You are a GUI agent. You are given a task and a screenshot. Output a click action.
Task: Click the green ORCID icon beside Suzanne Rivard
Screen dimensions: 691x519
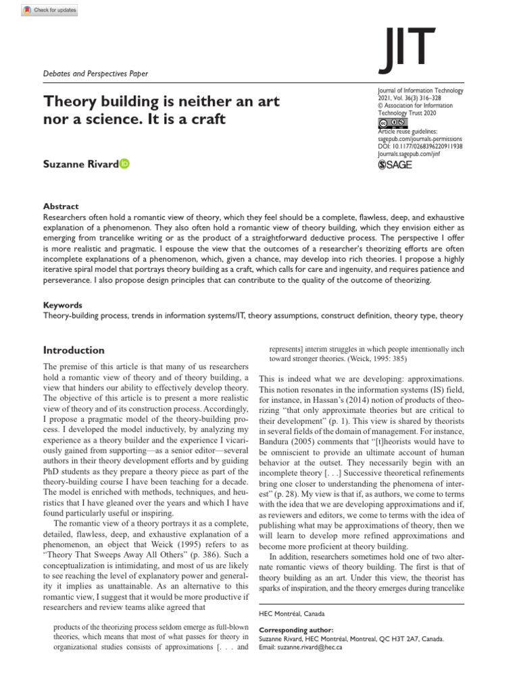pos(124,164)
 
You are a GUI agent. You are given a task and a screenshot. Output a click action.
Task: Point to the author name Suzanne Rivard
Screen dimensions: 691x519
pos(80,164)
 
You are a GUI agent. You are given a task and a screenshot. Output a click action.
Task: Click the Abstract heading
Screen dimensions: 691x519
pos(61,206)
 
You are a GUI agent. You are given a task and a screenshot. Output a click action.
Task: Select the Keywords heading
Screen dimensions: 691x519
pos(63,305)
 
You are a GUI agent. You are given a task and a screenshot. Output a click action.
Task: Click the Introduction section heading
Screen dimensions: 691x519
pos(74,350)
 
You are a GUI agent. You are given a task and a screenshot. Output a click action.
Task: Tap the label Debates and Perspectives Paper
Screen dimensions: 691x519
pos(95,73)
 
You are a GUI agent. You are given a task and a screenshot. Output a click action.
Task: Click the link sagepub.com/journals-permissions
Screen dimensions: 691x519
pos(424,138)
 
